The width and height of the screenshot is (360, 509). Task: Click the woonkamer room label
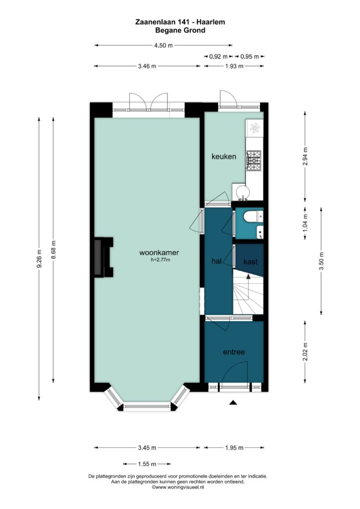(x=159, y=252)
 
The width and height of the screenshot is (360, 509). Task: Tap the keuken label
(x=224, y=157)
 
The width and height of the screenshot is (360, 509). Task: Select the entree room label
(x=234, y=352)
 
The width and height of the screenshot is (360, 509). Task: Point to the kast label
(x=250, y=261)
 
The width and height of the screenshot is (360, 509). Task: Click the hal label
(x=216, y=260)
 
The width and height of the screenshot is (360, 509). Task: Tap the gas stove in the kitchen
(x=254, y=161)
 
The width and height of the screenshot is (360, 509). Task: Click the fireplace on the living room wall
(x=103, y=257)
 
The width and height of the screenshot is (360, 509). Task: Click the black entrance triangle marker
(x=233, y=403)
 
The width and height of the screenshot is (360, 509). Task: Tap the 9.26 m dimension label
(x=39, y=258)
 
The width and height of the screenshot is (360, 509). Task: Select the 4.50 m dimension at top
(x=163, y=45)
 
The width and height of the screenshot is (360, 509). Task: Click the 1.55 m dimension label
(x=147, y=464)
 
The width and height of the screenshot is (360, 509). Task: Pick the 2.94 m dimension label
(x=305, y=157)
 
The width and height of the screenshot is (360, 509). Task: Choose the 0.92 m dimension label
(x=218, y=57)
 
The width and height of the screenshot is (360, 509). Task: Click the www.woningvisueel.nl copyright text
(x=178, y=487)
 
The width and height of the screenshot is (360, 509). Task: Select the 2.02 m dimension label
(x=305, y=352)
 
